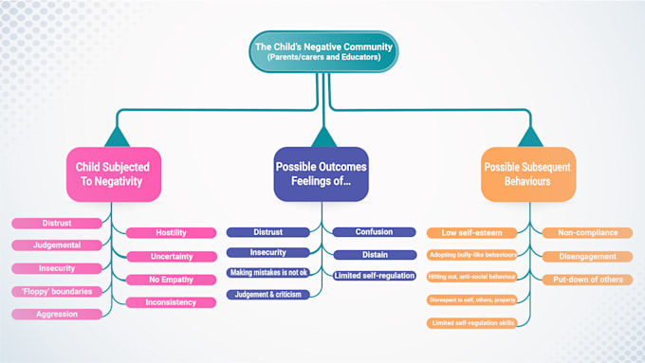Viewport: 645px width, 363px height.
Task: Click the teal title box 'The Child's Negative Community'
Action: click(322, 50)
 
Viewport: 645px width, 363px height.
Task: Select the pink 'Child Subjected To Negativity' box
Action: click(114, 173)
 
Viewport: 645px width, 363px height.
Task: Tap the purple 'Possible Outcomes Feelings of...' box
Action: click(322, 173)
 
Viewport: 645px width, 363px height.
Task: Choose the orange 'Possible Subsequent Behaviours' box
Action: click(528, 173)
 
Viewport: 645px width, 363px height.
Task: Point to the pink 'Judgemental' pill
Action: click(57, 245)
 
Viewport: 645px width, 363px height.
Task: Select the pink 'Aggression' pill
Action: click(57, 313)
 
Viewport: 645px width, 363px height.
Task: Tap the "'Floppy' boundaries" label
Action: click(57, 291)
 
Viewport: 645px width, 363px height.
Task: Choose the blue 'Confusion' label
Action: click(374, 231)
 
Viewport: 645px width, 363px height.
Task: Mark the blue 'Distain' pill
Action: click(374, 254)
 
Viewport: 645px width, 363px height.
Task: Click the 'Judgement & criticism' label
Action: click(268, 295)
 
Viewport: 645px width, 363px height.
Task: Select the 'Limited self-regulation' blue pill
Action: click(374, 275)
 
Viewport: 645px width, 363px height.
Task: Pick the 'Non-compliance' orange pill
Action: click(587, 232)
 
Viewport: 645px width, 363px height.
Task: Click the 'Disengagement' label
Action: click(587, 256)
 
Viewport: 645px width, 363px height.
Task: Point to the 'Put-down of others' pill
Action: click(587, 279)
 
